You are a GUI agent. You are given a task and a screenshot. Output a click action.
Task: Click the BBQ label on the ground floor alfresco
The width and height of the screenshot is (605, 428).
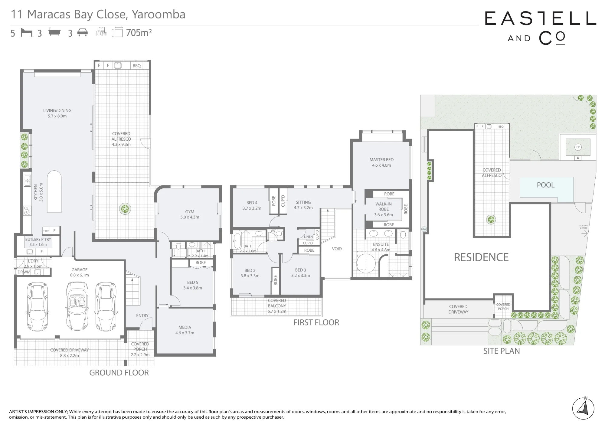(137, 66)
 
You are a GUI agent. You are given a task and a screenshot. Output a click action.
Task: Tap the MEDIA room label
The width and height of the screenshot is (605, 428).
(185, 327)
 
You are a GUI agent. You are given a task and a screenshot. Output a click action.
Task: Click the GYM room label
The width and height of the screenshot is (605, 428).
(190, 212)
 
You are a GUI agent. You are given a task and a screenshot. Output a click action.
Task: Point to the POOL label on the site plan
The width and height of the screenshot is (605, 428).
(546, 185)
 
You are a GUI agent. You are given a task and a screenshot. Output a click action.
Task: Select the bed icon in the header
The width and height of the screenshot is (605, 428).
(26, 32)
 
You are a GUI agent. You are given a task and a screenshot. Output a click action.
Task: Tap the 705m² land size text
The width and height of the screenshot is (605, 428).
(139, 32)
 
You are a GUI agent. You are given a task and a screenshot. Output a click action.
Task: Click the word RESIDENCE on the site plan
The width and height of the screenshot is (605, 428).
(481, 257)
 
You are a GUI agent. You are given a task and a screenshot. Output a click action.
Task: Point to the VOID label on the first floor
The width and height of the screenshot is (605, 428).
(337, 249)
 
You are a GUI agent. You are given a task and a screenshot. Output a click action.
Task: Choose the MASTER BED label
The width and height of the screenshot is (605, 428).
(381, 160)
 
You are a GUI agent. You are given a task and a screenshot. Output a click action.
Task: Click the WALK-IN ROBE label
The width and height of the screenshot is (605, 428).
(384, 207)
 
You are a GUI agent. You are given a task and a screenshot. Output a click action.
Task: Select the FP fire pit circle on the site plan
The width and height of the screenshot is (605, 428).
(578, 147)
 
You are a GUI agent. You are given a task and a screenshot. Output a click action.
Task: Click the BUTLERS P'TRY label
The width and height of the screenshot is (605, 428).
(38, 239)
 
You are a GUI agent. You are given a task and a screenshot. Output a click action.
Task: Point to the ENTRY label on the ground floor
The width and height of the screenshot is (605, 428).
(142, 315)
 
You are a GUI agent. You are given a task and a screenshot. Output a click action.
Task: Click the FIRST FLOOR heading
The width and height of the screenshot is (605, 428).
(316, 322)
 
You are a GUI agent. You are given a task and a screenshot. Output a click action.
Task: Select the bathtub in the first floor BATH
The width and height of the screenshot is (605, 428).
(237, 241)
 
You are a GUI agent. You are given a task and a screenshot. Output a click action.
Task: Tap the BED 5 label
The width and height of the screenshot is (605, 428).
(192, 283)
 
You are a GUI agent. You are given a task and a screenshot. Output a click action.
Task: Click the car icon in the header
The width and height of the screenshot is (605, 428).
(83, 32)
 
